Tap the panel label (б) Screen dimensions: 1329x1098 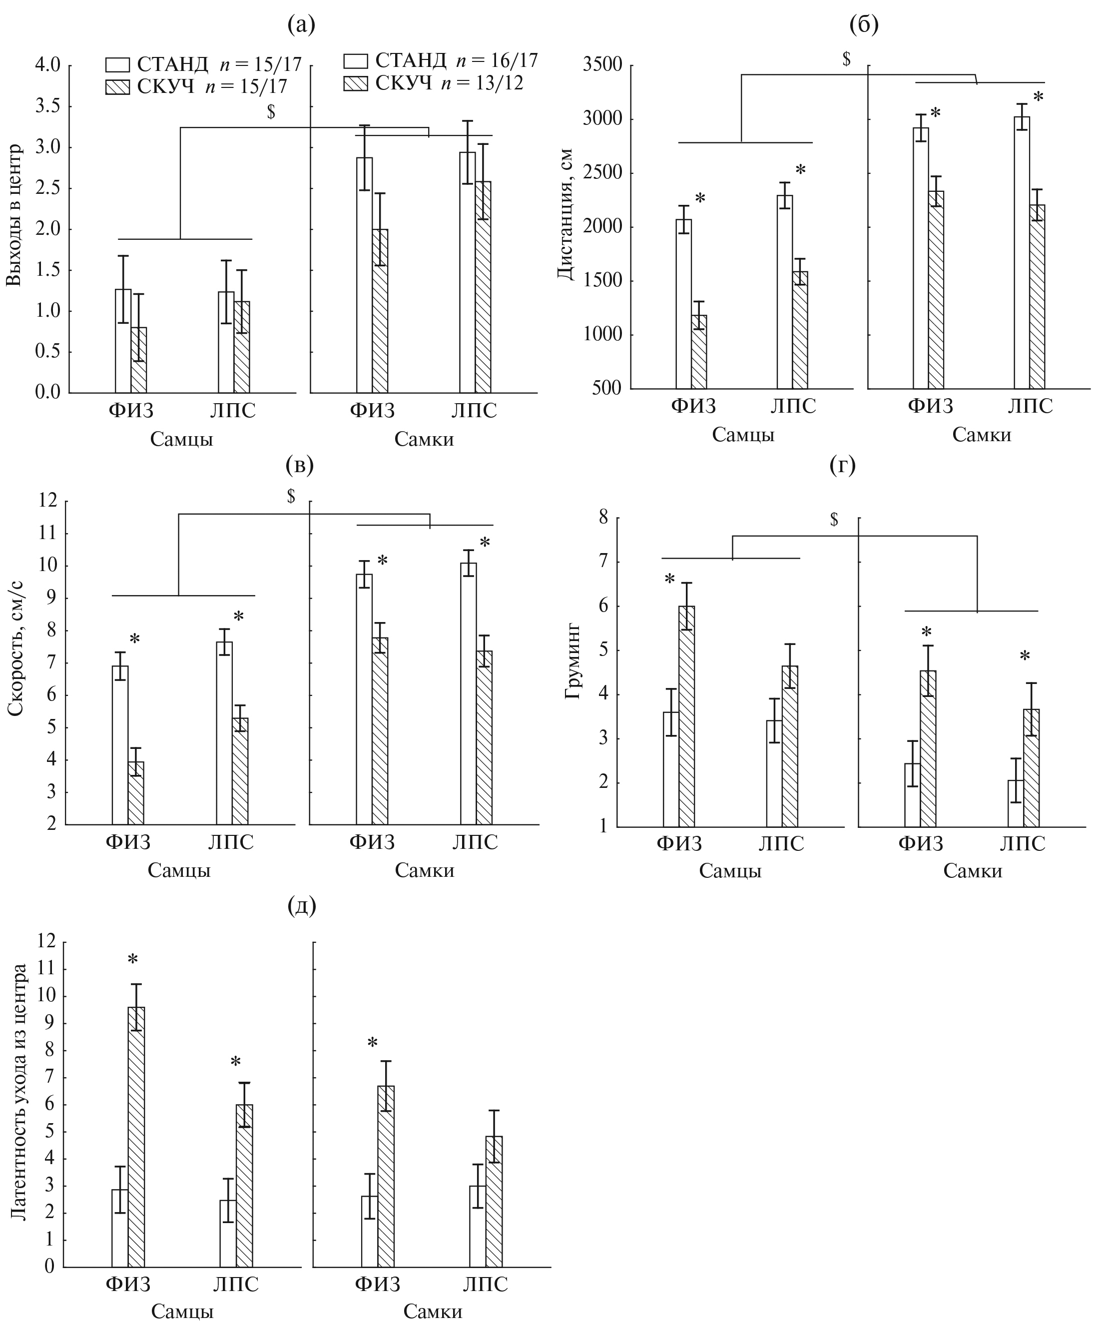(x=864, y=25)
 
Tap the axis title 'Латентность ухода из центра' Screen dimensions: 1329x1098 (x=19, y=1092)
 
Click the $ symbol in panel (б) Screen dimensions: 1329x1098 (x=846, y=59)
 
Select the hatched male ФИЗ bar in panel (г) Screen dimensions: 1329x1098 (x=686, y=716)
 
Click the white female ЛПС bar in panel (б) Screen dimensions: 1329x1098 (x=1022, y=252)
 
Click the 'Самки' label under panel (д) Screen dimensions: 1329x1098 (x=433, y=1312)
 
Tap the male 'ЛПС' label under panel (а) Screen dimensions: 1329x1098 (x=233, y=411)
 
